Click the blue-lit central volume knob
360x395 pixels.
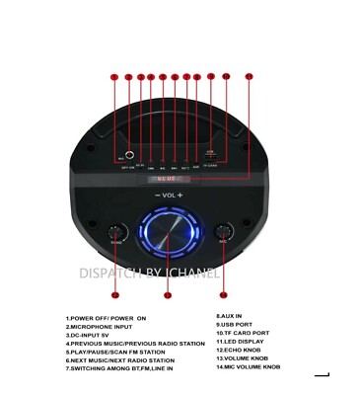(168, 237)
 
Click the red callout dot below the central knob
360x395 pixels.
(168, 294)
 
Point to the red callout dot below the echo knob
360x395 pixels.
(115, 294)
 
